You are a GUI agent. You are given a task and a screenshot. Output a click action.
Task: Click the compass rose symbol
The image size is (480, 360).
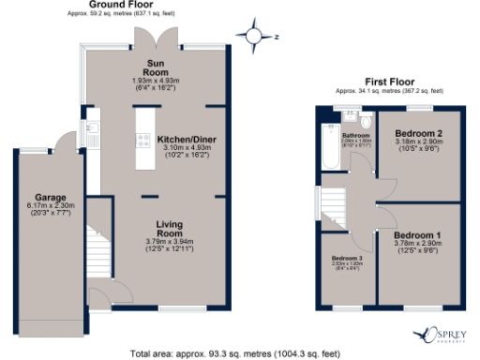pyautogui.click(x=254, y=37)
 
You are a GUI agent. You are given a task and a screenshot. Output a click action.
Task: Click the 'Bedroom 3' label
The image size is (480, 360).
pyautogui.click(x=347, y=261)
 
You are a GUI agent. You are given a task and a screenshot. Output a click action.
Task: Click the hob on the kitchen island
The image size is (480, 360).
pyautogui.click(x=144, y=142)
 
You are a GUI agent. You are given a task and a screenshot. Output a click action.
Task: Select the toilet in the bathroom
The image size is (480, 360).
pyautogui.click(x=366, y=122)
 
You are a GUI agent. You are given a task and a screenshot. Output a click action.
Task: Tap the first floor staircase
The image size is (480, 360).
pyautogui.click(x=332, y=202)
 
